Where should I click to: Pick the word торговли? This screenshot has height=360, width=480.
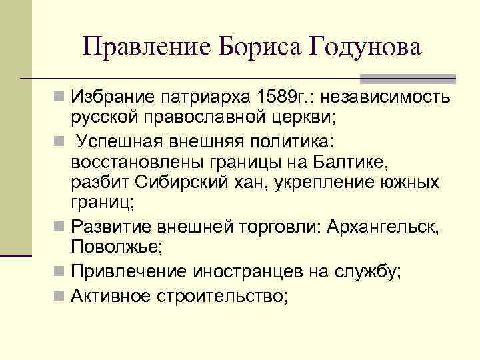coord(283,226)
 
